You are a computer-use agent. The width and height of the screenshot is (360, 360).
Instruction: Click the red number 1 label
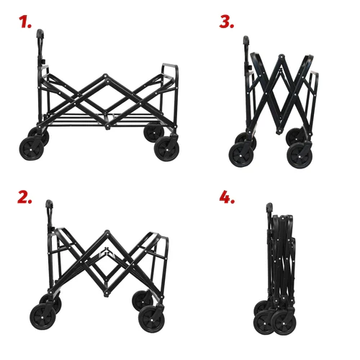25,22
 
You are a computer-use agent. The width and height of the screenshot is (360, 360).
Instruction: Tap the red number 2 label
24,197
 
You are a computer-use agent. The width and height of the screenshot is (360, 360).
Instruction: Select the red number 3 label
227,22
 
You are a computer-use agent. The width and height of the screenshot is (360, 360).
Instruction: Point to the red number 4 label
227,197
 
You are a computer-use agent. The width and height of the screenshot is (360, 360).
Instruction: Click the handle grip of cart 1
40,33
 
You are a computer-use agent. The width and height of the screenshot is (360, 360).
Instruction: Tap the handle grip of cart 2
49,204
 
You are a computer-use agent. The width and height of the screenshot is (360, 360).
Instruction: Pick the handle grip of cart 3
246,40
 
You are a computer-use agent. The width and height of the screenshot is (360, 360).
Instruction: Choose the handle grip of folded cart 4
269,207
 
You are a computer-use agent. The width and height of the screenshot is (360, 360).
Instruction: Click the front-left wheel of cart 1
32,149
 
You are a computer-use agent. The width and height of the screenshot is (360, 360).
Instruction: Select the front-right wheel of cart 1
166,149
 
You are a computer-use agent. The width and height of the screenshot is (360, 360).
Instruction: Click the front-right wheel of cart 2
151,320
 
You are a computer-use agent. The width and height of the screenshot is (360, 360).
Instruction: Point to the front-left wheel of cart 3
241,154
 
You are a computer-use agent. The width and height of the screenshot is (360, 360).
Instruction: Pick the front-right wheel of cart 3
300,156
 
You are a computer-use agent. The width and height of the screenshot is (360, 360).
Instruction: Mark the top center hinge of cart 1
106,76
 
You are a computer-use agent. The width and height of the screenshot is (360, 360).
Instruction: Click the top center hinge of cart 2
107,232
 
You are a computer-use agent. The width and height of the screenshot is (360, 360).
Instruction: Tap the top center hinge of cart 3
281,57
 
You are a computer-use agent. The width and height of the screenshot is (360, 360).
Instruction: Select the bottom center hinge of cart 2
106,293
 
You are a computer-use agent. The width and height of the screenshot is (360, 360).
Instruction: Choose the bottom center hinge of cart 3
279,131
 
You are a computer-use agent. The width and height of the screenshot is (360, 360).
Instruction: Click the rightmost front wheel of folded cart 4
284,323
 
